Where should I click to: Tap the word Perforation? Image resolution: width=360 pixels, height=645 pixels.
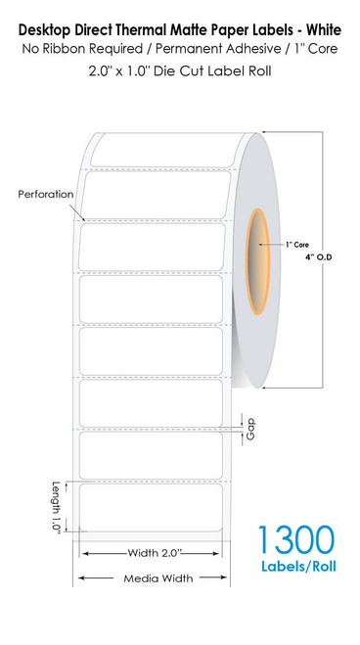coord(45,194)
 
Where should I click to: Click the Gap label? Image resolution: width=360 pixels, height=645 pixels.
coord(251,428)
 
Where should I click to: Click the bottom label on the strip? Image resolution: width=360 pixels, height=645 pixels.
coord(153,509)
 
